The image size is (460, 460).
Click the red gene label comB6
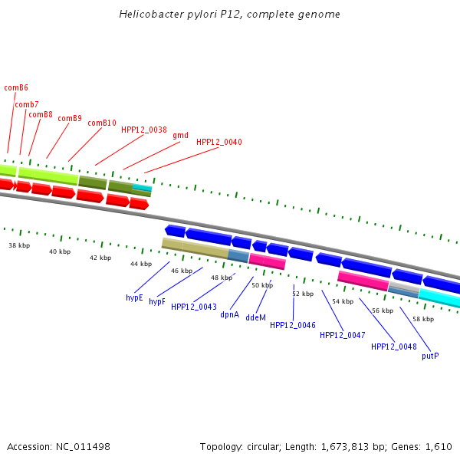[x=16, y=87]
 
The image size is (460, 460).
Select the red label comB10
[x=102, y=123]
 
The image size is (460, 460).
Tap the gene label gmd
[x=180, y=135]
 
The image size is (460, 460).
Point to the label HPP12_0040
[x=219, y=142]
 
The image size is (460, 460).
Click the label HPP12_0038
[x=144, y=130]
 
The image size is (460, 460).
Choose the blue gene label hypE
[x=134, y=297]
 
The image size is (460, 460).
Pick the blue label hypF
[x=157, y=302]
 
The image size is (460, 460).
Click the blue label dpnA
[x=230, y=314]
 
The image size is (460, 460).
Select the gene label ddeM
[x=255, y=317]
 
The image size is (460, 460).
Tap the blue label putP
[x=430, y=356]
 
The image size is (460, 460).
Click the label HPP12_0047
[x=342, y=335]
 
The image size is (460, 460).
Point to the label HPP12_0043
[x=194, y=307]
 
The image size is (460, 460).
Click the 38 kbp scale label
[x=19, y=246]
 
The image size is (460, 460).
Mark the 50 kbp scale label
[x=262, y=285]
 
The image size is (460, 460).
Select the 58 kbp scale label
[x=423, y=318]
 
